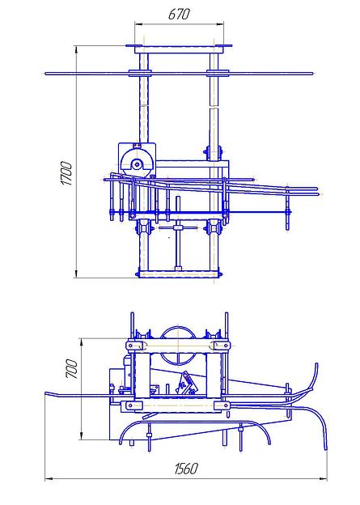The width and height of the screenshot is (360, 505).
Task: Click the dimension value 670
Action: [179, 15]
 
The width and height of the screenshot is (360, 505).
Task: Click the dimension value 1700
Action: [67, 173]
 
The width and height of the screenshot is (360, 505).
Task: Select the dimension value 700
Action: [71, 369]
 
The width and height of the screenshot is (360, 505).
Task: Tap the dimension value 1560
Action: [186, 469]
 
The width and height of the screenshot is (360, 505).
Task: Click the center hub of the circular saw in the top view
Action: [138, 164]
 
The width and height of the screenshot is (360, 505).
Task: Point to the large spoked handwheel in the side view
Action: [179, 346]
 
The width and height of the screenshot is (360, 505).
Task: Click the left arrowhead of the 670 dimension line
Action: [138, 23]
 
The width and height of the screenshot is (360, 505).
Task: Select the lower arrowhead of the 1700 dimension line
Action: [76, 274]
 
